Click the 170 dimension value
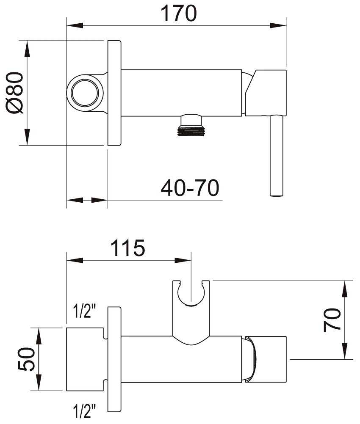[179, 14]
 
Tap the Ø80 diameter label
[15, 93]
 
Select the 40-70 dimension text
[190, 187]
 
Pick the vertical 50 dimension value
[26, 359]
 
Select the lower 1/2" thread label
[85, 410]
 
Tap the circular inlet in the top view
[85, 93]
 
